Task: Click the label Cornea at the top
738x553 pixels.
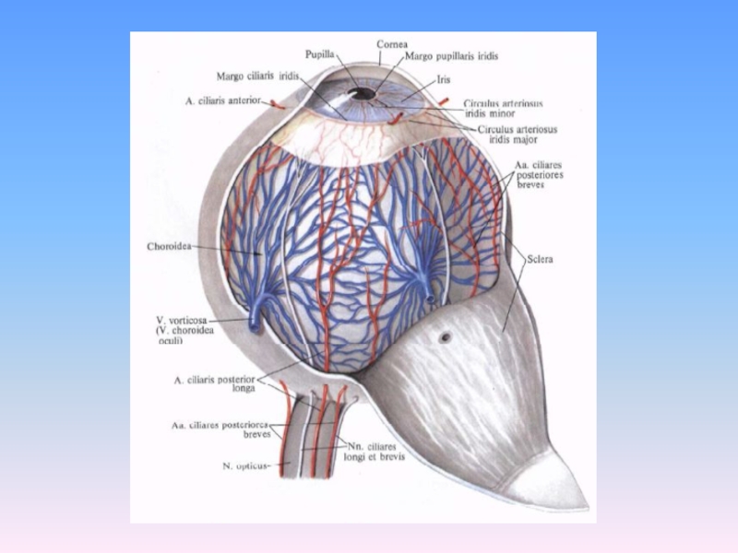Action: [391, 44]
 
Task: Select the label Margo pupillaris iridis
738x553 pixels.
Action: [452, 56]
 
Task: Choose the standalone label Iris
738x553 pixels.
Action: [443, 80]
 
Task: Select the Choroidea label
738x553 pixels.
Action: [169, 247]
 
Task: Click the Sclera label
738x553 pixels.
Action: [540, 260]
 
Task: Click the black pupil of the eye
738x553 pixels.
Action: [364, 93]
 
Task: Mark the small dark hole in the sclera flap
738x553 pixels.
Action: [445, 337]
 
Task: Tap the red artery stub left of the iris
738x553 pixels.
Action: [277, 105]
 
